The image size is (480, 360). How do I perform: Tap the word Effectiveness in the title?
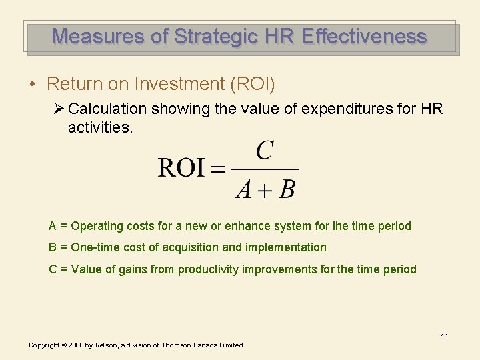pyautogui.click(x=364, y=36)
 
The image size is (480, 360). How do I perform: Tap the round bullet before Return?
pyautogui.click(x=32, y=85)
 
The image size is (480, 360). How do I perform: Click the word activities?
pyautogui.click(x=100, y=127)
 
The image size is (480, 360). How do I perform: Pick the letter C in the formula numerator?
pyautogui.click(x=265, y=151)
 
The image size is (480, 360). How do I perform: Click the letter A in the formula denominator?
pyautogui.click(x=244, y=190)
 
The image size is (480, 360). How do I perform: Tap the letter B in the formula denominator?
pyautogui.click(x=287, y=190)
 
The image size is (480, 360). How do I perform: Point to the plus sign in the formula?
pyautogui.click(x=265, y=191)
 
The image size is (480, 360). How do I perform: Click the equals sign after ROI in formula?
pyautogui.click(x=218, y=169)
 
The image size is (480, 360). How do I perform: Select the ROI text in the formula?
pyautogui.click(x=181, y=168)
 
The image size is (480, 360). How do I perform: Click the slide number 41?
pyautogui.click(x=443, y=335)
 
